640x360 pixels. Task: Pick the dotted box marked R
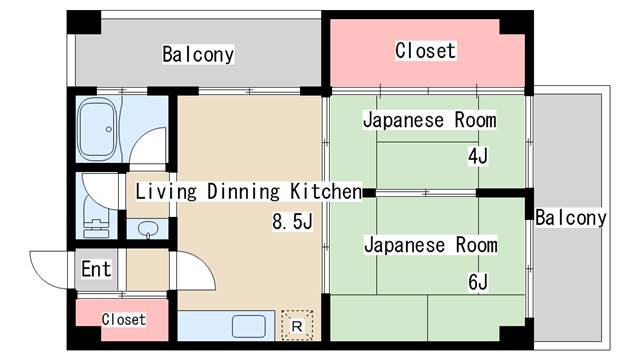pyautogui.click(x=297, y=325)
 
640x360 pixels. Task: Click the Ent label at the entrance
pyautogui.click(x=96, y=269)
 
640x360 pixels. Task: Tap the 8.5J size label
pyautogui.click(x=293, y=221)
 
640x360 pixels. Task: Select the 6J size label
pyautogui.click(x=477, y=282)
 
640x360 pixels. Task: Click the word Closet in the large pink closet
pyautogui.click(x=425, y=50)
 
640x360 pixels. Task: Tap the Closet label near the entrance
pyautogui.click(x=123, y=320)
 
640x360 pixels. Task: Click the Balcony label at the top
pyautogui.click(x=198, y=54)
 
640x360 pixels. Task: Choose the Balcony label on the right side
pyautogui.click(x=570, y=218)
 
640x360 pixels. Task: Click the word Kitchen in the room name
pyautogui.click(x=325, y=190)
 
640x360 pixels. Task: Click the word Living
pyautogui.click(x=165, y=190)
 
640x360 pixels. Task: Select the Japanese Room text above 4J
pyautogui.click(x=429, y=120)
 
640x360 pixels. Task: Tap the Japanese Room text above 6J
pyautogui.click(x=429, y=244)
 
